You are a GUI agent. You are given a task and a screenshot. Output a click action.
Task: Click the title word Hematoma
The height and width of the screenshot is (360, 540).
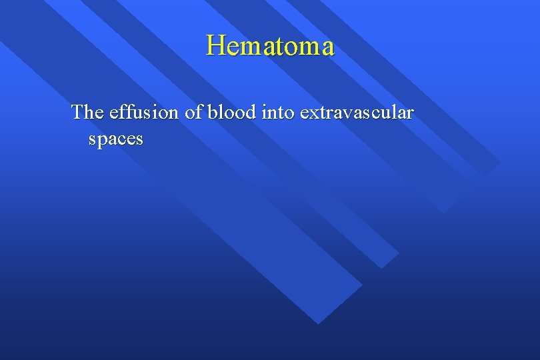point(270,46)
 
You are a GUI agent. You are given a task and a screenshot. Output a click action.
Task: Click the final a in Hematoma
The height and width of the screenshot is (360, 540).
point(325,48)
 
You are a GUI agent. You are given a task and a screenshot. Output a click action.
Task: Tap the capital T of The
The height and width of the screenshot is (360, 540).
point(77,112)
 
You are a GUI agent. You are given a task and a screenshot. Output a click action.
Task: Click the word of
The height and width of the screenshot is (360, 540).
point(193,112)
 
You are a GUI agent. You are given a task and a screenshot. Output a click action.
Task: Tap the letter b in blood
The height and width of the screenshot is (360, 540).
point(213,112)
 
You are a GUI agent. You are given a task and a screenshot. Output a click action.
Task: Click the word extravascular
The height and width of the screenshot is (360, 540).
point(357,112)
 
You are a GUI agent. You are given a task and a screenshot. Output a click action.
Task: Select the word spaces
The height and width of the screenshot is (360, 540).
point(115,139)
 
